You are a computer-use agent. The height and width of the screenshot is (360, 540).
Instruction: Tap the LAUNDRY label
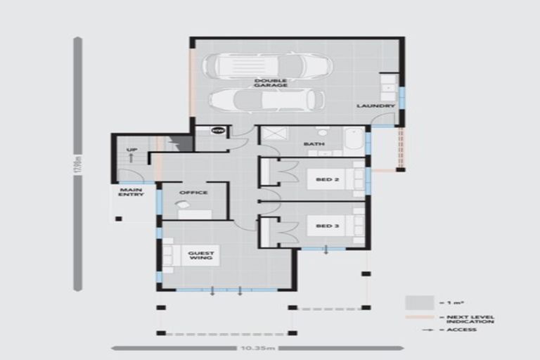click(x=375, y=106)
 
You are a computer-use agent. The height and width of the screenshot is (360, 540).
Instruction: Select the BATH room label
click(x=311, y=145)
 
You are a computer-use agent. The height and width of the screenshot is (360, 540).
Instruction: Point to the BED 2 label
click(x=323, y=179)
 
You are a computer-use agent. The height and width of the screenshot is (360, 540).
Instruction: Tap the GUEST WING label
click(x=200, y=255)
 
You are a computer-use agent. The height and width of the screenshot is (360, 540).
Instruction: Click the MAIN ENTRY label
click(x=131, y=192)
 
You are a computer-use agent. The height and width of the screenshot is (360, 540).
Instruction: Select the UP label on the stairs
click(x=131, y=150)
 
